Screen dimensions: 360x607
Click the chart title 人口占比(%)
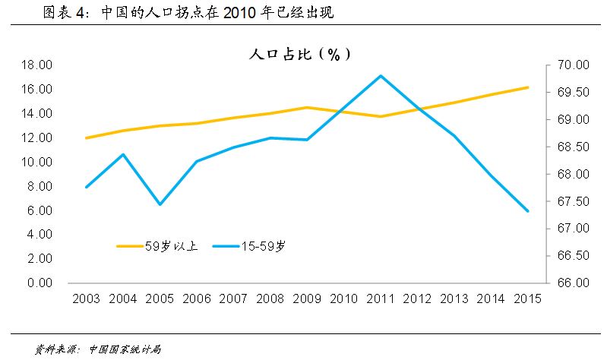pos(299,55)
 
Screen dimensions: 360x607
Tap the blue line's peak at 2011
pos(380,76)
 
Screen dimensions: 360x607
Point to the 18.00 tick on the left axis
pos(37,65)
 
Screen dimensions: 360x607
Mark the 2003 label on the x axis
pos(86,298)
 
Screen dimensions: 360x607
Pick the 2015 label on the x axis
pos(527,298)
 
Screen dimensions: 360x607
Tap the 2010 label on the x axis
pos(343,298)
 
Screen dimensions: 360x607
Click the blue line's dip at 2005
pos(160,204)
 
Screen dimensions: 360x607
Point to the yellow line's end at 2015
pos(527,87)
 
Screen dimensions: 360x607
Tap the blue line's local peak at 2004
pos(123,154)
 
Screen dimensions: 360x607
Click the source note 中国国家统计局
pos(125,349)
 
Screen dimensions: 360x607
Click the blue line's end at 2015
pos(527,210)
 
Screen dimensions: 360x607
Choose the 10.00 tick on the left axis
pos(37,162)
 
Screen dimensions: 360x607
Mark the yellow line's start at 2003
pos(87,138)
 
